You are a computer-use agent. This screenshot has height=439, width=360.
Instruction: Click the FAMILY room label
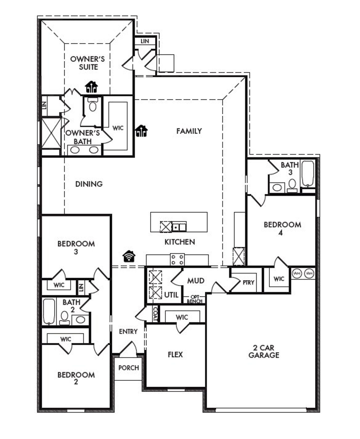[x=189, y=131]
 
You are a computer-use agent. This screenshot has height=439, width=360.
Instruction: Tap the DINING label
[x=89, y=184]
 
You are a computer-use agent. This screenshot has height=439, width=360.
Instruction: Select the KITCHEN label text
[x=180, y=242]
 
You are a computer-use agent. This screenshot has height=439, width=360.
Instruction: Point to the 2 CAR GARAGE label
[x=264, y=351]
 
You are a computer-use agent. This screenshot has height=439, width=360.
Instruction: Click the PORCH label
[x=129, y=368]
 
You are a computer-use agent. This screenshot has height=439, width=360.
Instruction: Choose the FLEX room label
[x=175, y=355]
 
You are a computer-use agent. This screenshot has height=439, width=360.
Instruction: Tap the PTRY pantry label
[x=248, y=283]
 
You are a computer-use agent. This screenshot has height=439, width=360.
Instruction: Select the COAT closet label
[x=155, y=314]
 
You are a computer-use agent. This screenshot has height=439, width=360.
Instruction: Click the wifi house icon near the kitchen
[x=129, y=256]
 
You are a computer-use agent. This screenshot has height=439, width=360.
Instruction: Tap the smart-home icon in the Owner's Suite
[x=91, y=87]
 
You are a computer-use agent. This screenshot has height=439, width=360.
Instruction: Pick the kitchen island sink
[x=179, y=227]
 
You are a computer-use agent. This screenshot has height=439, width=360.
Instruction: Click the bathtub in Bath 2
[x=49, y=311]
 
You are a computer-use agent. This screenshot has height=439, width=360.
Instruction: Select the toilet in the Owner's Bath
[x=92, y=105]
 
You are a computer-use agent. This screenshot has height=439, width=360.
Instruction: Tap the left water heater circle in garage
[x=297, y=273]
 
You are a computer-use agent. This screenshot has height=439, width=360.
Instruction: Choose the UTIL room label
[x=171, y=295]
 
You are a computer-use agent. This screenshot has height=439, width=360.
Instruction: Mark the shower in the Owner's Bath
[x=51, y=133]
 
